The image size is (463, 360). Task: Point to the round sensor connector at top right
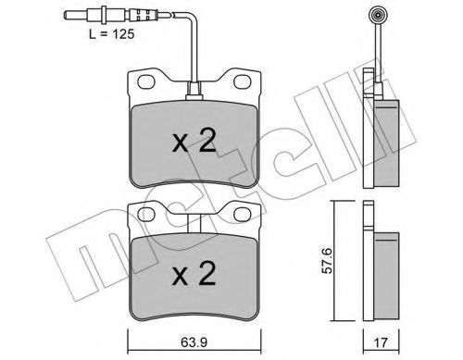pyautogui.click(x=381, y=16)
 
